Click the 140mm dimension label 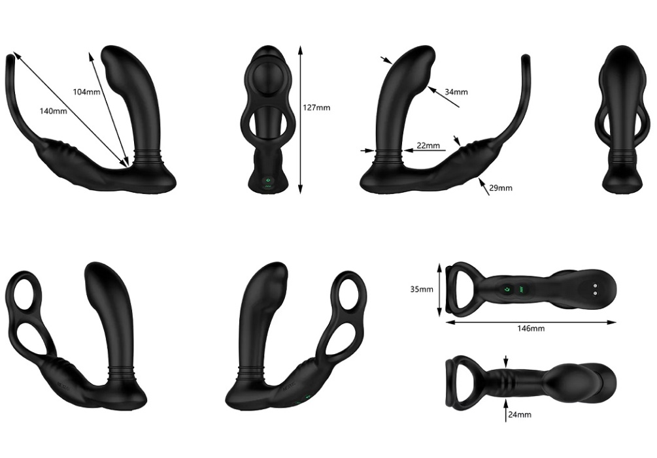point(53,111)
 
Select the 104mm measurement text point(86,91)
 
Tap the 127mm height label point(316,108)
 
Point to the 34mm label point(456,92)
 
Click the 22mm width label point(428,145)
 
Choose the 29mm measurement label point(501,188)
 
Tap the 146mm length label point(531,329)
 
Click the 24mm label point(520,414)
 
